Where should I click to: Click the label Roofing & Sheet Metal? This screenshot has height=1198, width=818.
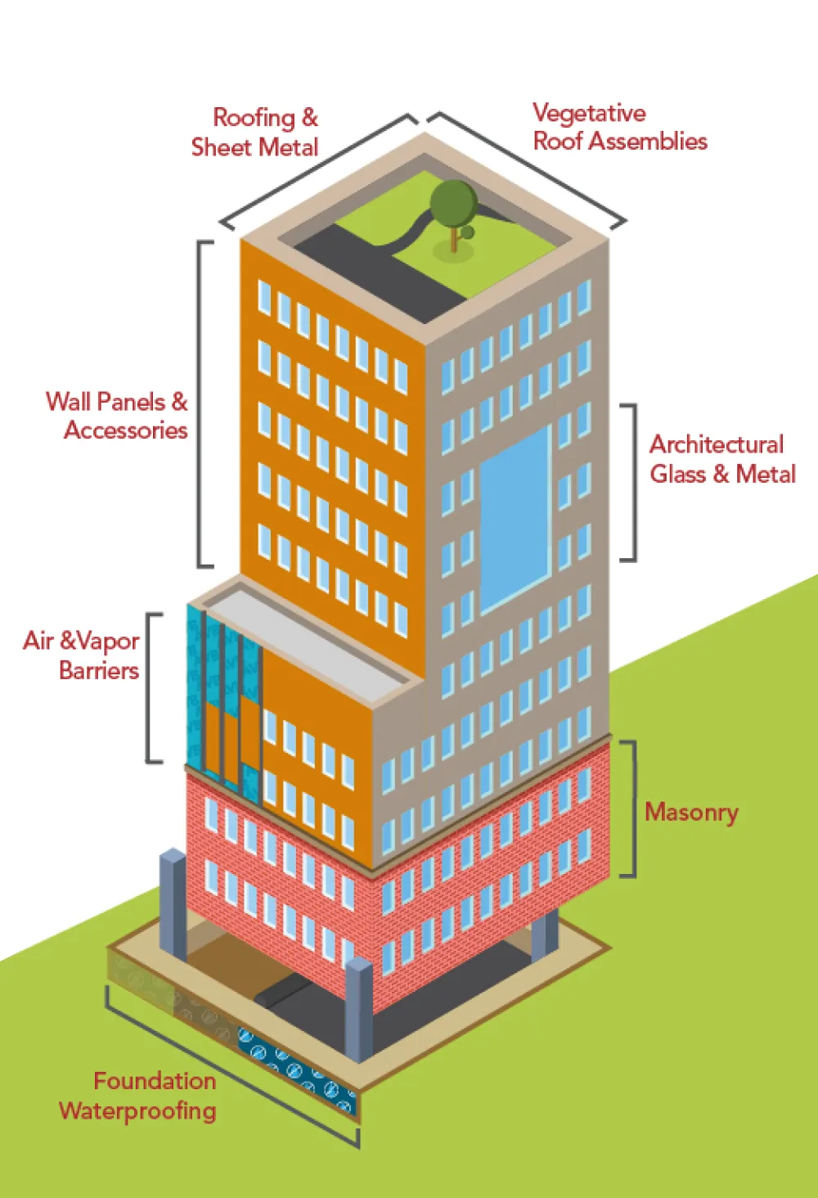click(254, 133)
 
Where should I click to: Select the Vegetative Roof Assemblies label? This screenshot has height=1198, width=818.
click(619, 128)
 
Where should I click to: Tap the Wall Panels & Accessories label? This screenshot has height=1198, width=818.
click(117, 416)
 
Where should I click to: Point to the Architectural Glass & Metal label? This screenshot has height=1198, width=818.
click(721, 459)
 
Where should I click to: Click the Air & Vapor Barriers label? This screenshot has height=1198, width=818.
click(82, 655)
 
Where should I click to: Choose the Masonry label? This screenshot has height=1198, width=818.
click(691, 812)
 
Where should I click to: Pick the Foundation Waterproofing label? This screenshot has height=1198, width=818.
click(139, 1096)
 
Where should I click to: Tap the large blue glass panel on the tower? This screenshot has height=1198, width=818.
click(515, 520)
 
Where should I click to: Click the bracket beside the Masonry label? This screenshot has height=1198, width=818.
click(631, 808)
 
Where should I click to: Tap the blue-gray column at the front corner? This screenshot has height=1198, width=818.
click(359, 1011)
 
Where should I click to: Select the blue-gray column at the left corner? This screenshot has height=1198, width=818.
click(173, 903)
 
